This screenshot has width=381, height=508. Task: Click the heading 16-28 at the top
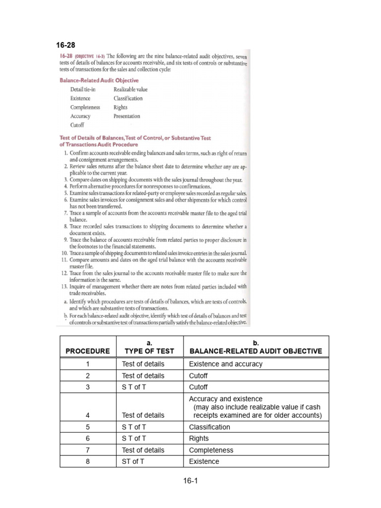point(64,44)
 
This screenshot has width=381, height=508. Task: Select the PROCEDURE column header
point(87,351)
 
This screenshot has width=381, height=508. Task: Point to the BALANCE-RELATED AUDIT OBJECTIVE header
point(255,351)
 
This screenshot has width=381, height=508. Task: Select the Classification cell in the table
point(210,427)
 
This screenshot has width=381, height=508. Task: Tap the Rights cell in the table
point(199,439)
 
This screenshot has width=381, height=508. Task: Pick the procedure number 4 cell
point(87,415)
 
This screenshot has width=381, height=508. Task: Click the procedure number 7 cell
point(87,450)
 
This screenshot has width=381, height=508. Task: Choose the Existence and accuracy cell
point(226,364)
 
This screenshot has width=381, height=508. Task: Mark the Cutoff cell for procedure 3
point(198,387)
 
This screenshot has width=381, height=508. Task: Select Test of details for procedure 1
point(143,364)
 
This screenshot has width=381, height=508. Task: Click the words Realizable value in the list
point(130,90)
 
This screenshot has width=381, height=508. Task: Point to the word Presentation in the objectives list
point(127,117)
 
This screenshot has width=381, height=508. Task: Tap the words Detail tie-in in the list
point(83,90)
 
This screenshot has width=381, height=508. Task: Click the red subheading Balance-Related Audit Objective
point(99,80)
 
